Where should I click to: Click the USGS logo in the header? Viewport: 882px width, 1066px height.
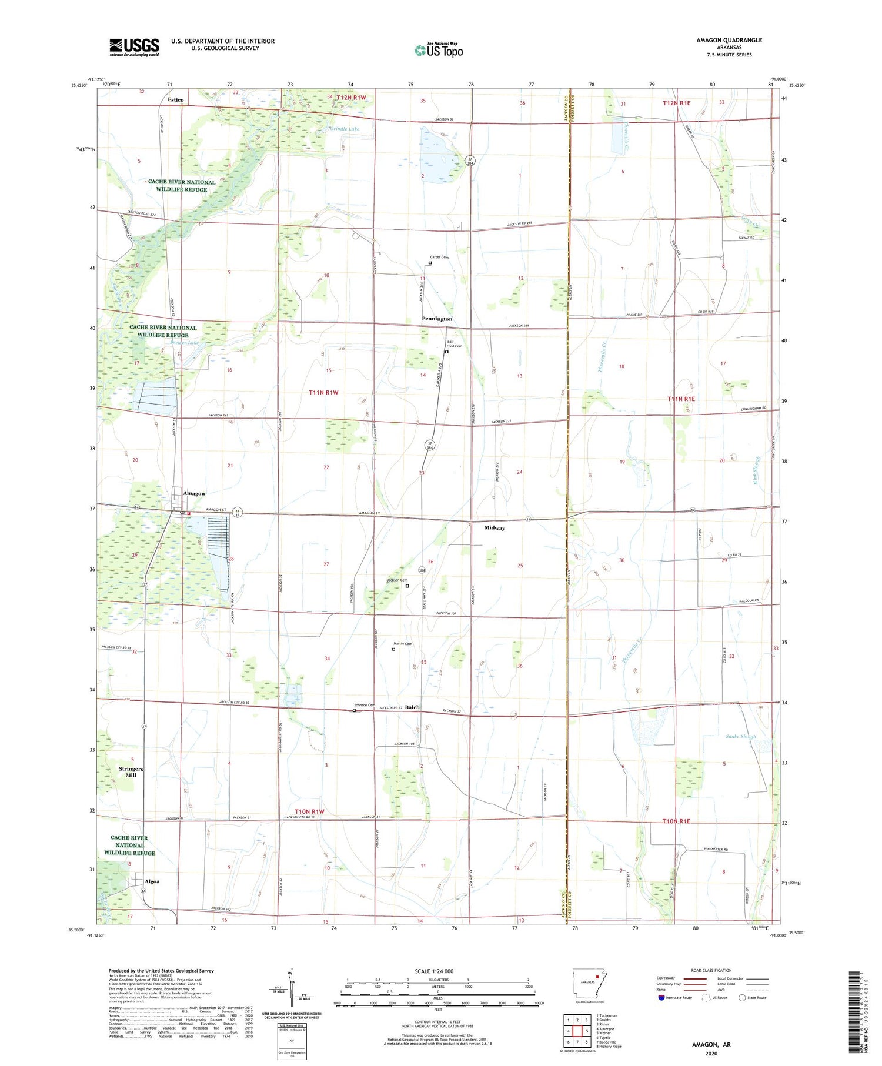click(x=134, y=47)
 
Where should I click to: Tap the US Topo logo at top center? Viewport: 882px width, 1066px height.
click(x=438, y=50)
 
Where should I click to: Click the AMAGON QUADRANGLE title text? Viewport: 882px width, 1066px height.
click(x=729, y=40)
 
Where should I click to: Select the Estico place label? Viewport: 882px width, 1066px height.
click(x=175, y=99)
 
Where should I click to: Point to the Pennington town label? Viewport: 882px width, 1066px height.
click(x=437, y=319)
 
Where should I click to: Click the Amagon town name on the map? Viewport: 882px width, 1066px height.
click(x=193, y=493)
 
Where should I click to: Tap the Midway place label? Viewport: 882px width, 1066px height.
click(x=495, y=528)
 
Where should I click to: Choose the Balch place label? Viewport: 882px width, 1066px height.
click(x=412, y=707)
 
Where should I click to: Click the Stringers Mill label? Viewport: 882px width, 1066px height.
click(x=131, y=772)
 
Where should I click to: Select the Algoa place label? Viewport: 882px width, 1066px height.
click(x=152, y=881)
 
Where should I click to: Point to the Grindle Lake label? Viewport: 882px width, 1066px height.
click(x=344, y=129)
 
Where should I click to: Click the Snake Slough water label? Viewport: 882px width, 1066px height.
click(x=740, y=736)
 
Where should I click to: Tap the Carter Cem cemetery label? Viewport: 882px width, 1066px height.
click(x=439, y=257)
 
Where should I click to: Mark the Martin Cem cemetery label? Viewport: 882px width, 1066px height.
click(x=403, y=644)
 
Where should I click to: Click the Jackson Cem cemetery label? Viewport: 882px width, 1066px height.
click(x=397, y=580)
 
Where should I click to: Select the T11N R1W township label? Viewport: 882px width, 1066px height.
click(x=324, y=392)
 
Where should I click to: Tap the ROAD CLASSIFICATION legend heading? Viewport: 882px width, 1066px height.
click(x=711, y=970)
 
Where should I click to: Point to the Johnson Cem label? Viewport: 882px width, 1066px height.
click(x=364, y=705)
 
